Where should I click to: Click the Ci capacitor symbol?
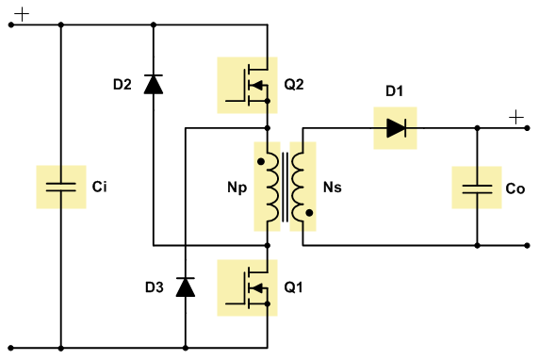point(61,187)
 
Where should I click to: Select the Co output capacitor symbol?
point(477,188)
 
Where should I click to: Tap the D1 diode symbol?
point(396,128)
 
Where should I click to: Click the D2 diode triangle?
point(154,84)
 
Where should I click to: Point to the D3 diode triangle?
point(186,286)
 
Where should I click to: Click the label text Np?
point(237,188)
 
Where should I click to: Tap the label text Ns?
point(333,188)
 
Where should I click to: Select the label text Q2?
point(294,84)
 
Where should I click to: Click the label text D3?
point(155,287)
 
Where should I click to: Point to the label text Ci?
point(99,187)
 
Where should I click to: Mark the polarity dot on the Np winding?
point(261,161)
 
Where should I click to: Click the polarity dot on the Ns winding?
point(309,213)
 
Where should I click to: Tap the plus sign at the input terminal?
point(22,14)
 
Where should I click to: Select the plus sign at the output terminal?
point(516,118)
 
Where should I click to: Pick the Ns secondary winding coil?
point(298,187)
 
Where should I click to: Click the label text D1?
point(394,91)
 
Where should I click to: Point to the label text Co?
point(514,188)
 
